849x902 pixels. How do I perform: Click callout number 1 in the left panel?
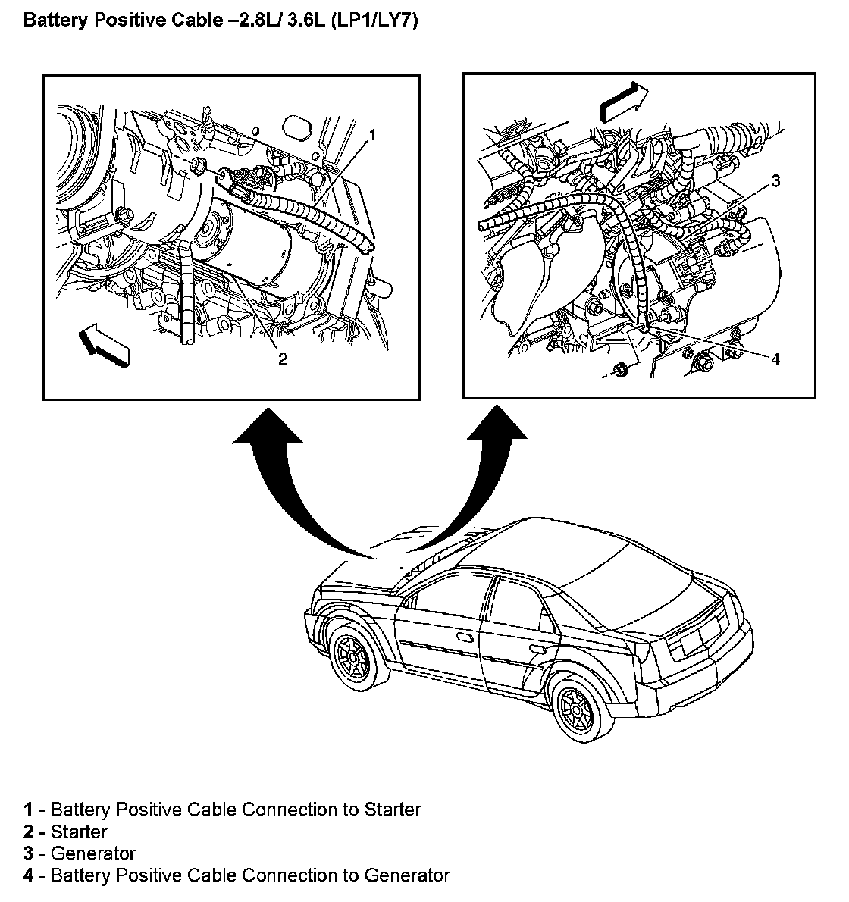point(371,136)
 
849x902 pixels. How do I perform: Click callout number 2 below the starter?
point(282,359)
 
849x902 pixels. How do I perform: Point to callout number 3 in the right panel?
point(775,180)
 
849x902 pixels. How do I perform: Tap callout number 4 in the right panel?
point(775,359)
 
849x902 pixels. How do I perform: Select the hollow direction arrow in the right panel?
point(624,102)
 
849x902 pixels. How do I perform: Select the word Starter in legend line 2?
point(79,832)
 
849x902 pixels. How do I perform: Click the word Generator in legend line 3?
point(92,853)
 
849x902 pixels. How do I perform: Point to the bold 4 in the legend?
point(28,875)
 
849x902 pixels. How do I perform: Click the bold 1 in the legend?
point(28,810)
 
